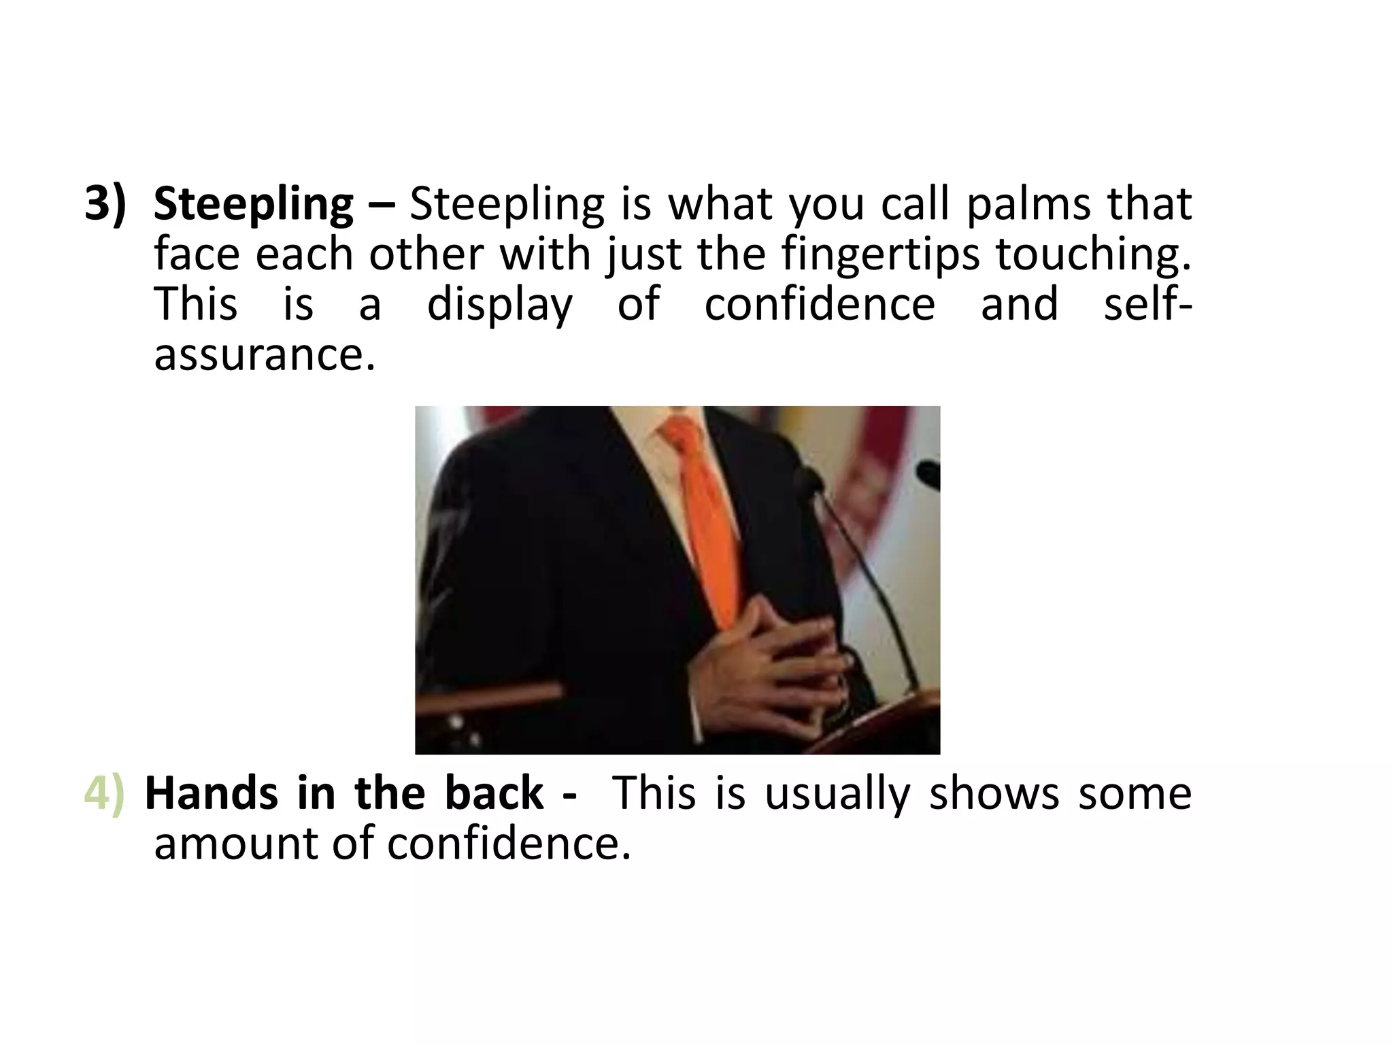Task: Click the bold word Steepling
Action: coord(253,205)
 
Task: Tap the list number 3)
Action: coord(105,203)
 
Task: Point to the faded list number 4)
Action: coord(104,794)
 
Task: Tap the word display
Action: coord(500,305)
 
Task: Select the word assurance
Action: coord(265,354)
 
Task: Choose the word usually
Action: coord(837,795)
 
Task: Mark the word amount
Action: coord(233,844)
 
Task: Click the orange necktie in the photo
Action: coord(705,517)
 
